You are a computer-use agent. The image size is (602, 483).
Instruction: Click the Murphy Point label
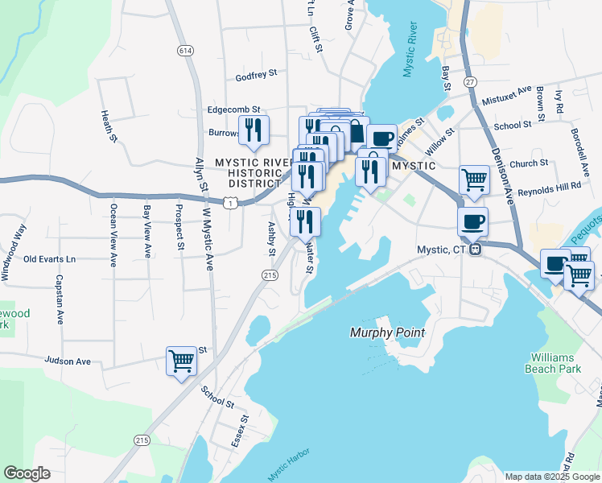pyautogui.click(x=387, y=332)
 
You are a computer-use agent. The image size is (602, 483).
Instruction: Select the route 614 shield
pyautogui.click(x=186, y=51)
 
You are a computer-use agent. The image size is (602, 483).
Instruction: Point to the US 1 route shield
pyautogui.click(x=231, y=204)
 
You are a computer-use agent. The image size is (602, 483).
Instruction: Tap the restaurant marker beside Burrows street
pyautogui.click(x=254, y=130)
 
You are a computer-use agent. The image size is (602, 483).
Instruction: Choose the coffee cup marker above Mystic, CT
pyautogui.click(x=473, y=221)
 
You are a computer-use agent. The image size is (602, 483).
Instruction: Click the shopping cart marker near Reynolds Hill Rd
pyautogui.click(x=474, y=180)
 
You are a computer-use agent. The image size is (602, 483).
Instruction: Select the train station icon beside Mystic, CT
pyautogui.click(x=476, y=250)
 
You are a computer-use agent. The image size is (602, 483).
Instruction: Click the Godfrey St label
pyautogui.click(x=256, y=75)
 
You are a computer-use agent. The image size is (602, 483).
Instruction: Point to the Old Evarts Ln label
pyautogui.click(x=49, y=259)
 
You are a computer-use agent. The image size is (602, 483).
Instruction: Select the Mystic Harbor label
pyautogui.click(x=287, y=466)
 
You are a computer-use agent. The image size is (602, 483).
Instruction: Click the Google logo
pyautogui.click(x=27, y=473)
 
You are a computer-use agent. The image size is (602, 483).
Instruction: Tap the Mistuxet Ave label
pyautogui.click(x=507, y=97)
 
